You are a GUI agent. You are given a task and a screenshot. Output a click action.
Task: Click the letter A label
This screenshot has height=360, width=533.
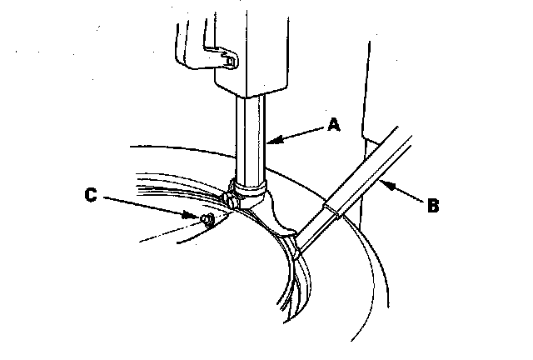(x=334, y=125)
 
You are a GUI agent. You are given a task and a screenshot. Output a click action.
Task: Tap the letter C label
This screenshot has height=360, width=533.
(x=92, y=196)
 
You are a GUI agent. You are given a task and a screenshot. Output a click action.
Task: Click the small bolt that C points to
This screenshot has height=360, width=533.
(x=207, y=219)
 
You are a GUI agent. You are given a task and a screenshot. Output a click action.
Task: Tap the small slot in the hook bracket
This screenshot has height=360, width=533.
(x=228, y=59)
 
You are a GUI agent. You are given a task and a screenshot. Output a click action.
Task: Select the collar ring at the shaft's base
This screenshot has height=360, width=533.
(x=251, y=185)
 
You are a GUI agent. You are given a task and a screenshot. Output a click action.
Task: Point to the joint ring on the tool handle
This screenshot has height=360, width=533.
(x=331, y=209)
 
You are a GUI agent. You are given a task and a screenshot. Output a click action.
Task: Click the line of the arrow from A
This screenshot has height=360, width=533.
(x=300, y=133)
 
